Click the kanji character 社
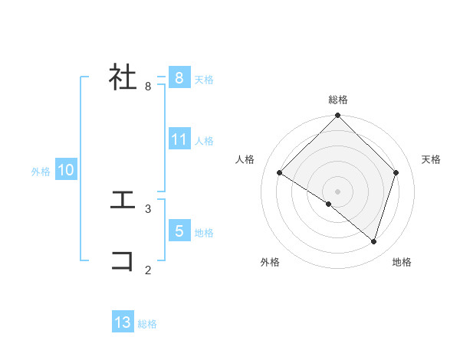123,77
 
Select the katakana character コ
123,261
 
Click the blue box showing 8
179,78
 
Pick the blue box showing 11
179,139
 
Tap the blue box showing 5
179,231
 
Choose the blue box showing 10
66,170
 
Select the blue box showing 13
123,322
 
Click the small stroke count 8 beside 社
148,87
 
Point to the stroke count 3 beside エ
148,208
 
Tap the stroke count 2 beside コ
148,270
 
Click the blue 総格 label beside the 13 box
147,324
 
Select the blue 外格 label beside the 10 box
41,172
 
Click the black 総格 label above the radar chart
338,100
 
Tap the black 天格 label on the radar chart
432,159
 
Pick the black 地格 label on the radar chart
402,262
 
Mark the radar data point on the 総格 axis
338,116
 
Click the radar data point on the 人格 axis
280,173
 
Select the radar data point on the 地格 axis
374,242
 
